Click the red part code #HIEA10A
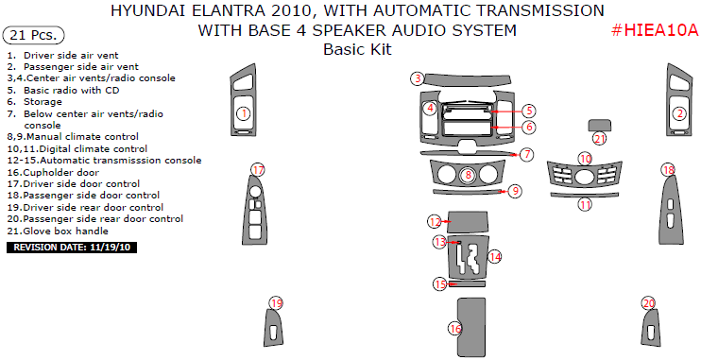tap(654, 30)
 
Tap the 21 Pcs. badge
tap(33, 35)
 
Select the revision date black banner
tap(72, 248)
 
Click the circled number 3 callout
tap(418, 78)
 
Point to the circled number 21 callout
tap(600, 139)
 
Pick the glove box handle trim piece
tap(600, 126)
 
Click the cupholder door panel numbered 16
tap(471, 326)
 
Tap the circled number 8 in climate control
tap(468, 175)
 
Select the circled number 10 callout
tap(585, 159)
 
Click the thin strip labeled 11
tap(585, 195)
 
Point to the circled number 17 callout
tap(258, 170)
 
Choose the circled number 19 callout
tap(277, 303)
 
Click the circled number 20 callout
tap(649, 303)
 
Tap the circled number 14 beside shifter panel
tap(494, 257)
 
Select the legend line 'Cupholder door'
tap(53, 173)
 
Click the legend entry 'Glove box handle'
tap(58, 231)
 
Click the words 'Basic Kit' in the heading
tap(357, 49)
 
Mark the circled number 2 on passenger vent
tap(680, 113)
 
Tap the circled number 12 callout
tap(435, 221)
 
